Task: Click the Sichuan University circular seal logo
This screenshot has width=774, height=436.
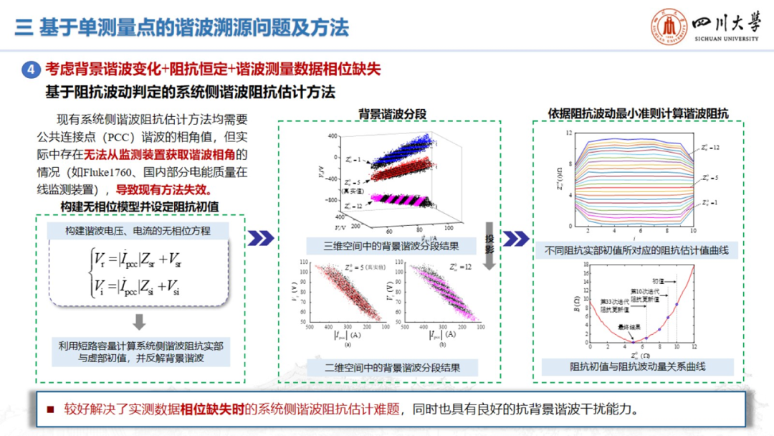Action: tap(668, 28)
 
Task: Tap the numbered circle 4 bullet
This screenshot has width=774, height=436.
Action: tap(31, 70)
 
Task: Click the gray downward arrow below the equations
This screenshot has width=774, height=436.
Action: tap(139, 321)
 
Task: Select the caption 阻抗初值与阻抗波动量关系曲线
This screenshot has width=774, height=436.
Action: tap(637, 366)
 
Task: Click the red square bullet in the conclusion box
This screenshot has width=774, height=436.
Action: tap(50, 410)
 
